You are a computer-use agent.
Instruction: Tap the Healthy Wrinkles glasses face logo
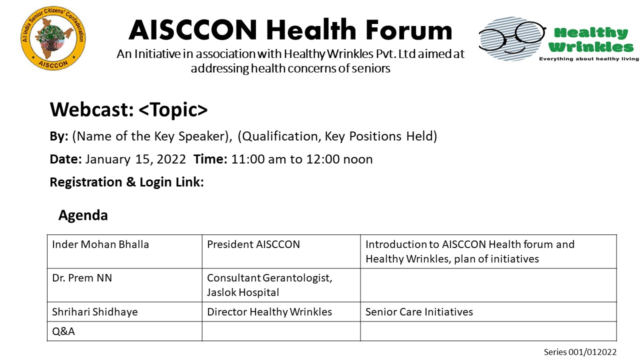(x=512, y=38)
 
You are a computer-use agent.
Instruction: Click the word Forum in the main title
(x=409, y=29)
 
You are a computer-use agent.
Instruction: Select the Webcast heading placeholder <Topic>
(x=173, y=109)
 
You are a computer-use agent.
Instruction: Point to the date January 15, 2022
(x=135, y=159)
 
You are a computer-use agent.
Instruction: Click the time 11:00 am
(x=258, y=159)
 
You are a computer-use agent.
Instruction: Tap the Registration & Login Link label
(x=127, y=182)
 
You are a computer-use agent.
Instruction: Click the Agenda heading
(x=83, y=215)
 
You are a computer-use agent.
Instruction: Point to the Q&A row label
(x=63, y=331)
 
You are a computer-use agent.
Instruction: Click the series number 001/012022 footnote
(x=580, y=352)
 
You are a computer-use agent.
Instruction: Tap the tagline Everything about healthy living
(x=589, y=59)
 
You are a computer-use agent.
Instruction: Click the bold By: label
(x=59, y=136)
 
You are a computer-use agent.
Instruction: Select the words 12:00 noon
(x=339, y=159)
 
